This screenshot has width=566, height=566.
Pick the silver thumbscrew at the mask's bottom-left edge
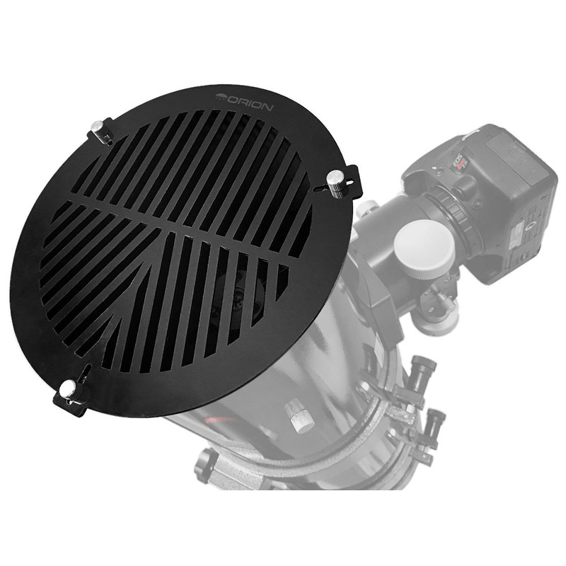point(68,388)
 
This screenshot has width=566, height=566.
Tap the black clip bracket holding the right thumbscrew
point(350,184)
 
